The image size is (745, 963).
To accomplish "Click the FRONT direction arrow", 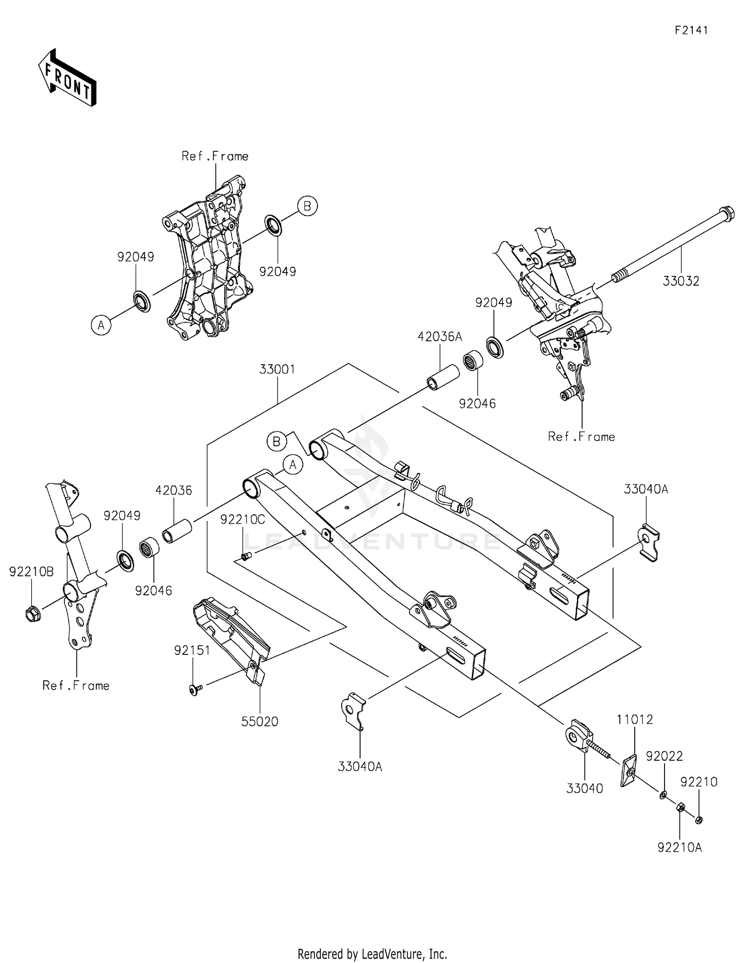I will click(x=67, y=79).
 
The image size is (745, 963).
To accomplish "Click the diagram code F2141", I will click(x=691, y=30).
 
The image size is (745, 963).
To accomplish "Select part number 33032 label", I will click(x=680, y=281).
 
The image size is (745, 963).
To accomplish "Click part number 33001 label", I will click(x=277, y=369).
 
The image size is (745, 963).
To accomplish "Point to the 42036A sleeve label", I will click(x=440, y=337).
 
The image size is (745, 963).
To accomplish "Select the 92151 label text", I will click(x=192, y=650).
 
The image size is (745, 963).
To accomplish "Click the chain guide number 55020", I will click(x=260, y=722).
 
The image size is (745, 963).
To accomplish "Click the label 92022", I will click(x=664, y=756).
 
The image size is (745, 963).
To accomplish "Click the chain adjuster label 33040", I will click(x=585, y=789).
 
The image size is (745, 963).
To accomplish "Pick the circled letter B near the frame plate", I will click(x=307, y=205).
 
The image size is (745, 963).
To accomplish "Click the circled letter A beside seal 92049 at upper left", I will click(x=101, y=325).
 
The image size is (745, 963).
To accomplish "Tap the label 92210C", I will click(x=242, y=520).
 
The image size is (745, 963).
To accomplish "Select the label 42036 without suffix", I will click(x=173, y=490).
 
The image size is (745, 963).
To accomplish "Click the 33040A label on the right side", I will click(x=646, y=489).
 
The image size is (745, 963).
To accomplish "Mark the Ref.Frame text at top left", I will click(x=215, y=156).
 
